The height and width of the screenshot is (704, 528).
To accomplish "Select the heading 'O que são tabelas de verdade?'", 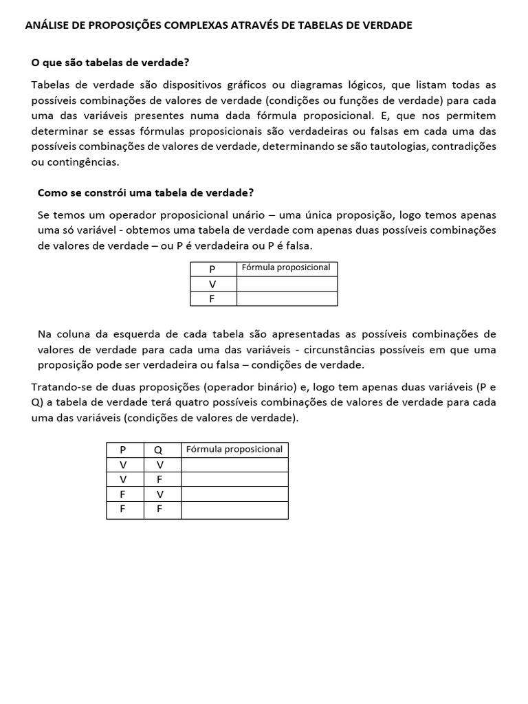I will [110, 63].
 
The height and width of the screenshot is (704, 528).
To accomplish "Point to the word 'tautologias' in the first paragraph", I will [398, 146].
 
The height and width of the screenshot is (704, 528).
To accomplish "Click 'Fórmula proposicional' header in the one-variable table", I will [287, 267].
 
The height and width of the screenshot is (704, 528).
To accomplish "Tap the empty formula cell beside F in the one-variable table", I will [287, 298].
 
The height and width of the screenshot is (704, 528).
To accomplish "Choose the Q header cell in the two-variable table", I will [159, 450].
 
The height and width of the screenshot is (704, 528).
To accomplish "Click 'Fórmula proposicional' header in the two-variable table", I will [234, 449].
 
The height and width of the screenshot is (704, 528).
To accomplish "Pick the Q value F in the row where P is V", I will [159, 480].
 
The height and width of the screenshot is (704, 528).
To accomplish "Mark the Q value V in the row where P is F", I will [159, 494].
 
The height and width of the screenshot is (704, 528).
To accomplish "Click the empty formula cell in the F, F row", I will [234, 510].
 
